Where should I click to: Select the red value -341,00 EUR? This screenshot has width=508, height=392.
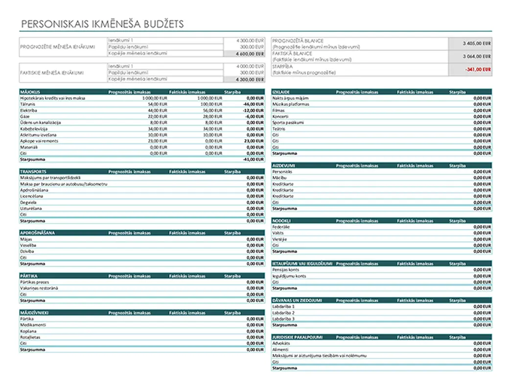[480, 70]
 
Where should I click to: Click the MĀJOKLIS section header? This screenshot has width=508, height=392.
[27, 92]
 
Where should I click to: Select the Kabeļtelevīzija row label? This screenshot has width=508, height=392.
[33, 129]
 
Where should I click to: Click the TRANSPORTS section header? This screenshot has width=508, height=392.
[33, 171]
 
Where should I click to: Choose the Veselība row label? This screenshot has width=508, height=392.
[28, 245]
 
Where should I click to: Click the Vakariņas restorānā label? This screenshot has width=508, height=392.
[39, 288]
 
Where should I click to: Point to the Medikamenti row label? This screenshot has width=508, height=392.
[32, 325]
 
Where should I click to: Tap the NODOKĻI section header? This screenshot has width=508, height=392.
[282, 221]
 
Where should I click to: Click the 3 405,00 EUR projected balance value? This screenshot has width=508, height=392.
[477, 44]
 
